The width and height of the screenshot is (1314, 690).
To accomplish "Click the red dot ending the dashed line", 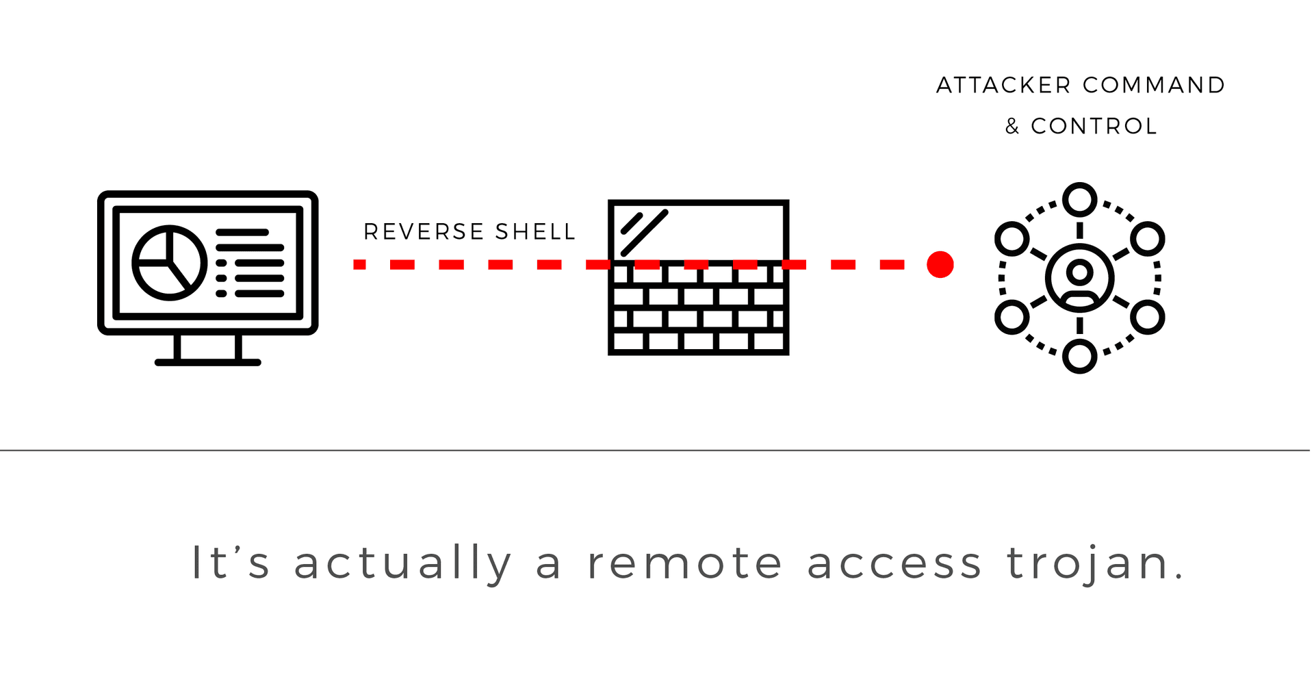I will point(940,264).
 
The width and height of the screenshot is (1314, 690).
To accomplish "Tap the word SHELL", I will point(535,232).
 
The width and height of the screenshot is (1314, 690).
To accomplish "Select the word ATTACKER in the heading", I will point(1003,86).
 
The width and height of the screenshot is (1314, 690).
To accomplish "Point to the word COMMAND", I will point(1154,86).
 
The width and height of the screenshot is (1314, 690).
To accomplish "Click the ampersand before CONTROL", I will point(1012,127).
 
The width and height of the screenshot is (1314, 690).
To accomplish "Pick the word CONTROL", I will point(1094,127).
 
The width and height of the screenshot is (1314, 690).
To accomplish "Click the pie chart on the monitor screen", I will point(169,263).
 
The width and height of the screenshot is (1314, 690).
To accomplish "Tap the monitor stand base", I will point(207,362).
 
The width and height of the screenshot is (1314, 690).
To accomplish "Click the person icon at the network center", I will point(1079,278).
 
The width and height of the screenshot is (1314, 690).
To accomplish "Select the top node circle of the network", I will point(1079,200).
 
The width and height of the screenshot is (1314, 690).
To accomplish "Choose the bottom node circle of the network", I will point(1079,356).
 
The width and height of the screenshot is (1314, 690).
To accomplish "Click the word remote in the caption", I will point(684,563).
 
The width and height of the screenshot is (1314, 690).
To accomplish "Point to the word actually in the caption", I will point(402,563).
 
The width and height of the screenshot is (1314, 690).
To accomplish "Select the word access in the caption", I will point(894,563).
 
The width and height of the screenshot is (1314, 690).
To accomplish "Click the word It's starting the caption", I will point(230,563).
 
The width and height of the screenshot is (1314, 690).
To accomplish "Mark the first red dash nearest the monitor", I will point(359,264).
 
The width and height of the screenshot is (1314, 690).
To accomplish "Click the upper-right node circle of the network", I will point(1147,239).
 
